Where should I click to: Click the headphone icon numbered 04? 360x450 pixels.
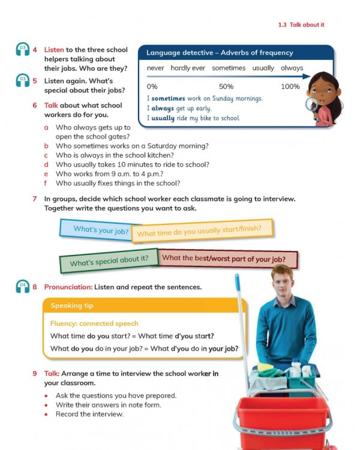23,287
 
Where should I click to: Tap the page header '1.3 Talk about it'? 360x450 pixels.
301,25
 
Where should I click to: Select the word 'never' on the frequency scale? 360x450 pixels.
155,68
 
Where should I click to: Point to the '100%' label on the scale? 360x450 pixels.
290,86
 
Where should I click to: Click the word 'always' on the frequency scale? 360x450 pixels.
292,68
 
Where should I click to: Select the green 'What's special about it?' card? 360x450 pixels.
109,262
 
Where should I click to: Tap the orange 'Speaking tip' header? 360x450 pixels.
72,305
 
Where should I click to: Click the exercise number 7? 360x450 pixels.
35,199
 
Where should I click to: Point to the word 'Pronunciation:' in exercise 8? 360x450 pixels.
68,287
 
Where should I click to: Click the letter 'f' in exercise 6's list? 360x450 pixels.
46,183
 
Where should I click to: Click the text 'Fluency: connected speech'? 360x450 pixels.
94,323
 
